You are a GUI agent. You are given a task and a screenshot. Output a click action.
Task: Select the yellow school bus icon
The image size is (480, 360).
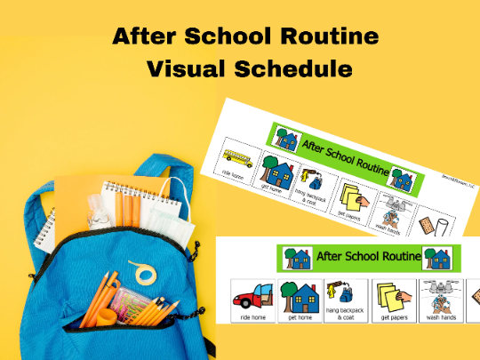point(241,160)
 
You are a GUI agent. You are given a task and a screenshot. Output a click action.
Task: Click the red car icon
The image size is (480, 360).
point(252,293)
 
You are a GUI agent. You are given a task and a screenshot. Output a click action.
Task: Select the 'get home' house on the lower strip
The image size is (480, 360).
point(299,292)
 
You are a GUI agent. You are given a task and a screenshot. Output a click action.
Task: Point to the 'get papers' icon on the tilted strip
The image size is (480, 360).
point(355,194)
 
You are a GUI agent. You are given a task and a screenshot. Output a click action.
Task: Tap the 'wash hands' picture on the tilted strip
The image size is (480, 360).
point(392,213)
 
